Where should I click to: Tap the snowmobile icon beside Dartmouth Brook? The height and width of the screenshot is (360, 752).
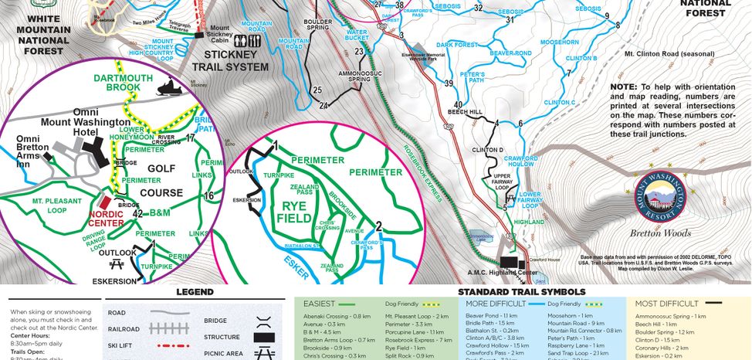[165, 90]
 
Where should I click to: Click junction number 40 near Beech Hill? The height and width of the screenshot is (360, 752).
[459, 104]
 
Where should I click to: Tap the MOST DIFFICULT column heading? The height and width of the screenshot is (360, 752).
[668, 304]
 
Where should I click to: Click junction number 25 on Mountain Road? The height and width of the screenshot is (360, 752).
[317, 90]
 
